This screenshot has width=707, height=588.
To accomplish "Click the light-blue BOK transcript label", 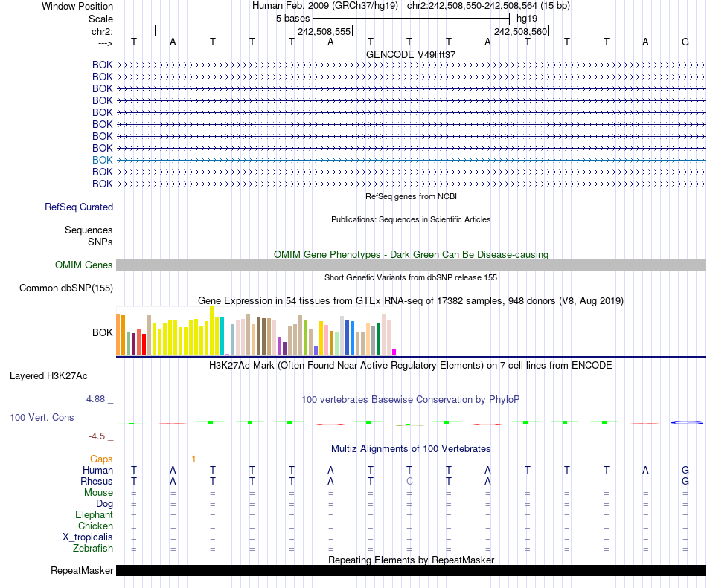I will pyautogui.click(x=103, y=160).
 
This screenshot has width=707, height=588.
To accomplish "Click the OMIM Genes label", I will pyautogui.click(x=84, y=265).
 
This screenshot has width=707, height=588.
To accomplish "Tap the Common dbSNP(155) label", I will pyautogui.click(x=66, y=288).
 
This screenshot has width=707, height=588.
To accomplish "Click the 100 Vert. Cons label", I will pyautogui.click(x=42, y=418).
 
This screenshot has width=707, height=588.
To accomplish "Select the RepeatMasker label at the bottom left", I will pyautogui.click(x=82, y=571).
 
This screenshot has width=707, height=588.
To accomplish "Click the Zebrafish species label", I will pyautogui.click(x=93, y=549).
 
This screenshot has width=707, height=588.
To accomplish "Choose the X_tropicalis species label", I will pyautogui.click(x=88, y=537).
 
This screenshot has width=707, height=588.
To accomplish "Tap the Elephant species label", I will pyautogui.click(x=94, y=515).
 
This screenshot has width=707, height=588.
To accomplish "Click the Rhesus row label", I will pyautogui.click(x=97, y=482).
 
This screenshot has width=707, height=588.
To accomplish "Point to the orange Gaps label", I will pyautogui.click(x=101, y=459).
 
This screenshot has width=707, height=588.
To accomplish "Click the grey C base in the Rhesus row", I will pyautogui.click(x=409, y=482).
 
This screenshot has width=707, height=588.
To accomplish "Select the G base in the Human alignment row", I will pyautogui.click(x=685, y=470).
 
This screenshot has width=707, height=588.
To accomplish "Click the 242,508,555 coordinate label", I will pyautogui.click(x=324, y=32).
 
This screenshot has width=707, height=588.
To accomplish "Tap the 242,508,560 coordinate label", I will pyautogui.click(x=520, y=32).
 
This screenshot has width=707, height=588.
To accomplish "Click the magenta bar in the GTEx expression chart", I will pyautogui.click(x=394, y=352).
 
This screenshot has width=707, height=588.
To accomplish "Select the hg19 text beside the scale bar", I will pyautogui.click(x=526, y=18).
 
